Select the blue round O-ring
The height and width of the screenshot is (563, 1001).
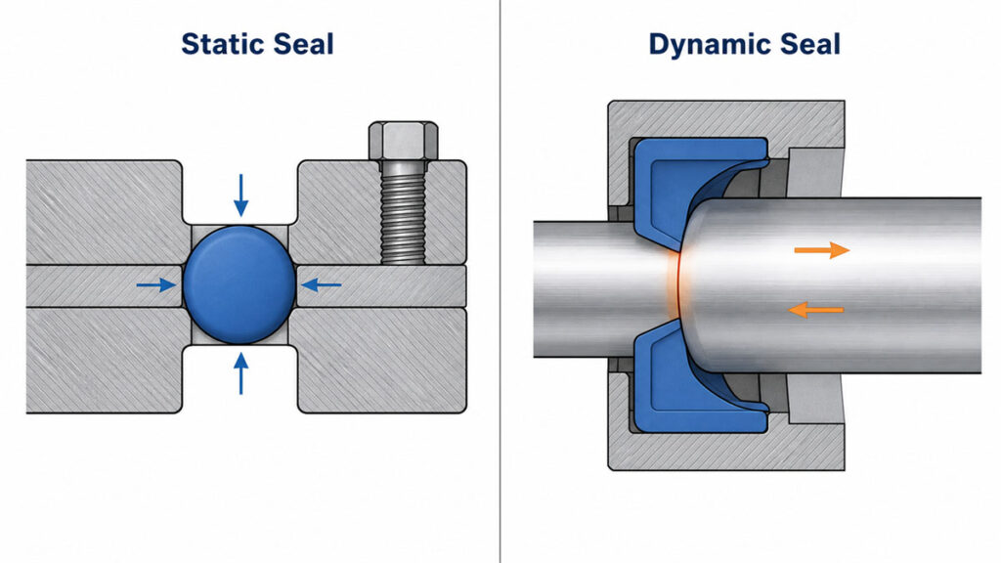point(239,284)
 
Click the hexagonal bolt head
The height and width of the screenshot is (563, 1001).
point(404,141)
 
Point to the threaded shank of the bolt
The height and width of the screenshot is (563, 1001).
point(403,212)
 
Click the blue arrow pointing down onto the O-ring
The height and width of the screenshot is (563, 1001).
point(240,195)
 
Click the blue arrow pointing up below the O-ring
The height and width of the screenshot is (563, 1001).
point(240,373)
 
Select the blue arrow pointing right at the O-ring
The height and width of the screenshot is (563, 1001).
point(156,284)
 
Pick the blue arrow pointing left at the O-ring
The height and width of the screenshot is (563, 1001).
point(321,284)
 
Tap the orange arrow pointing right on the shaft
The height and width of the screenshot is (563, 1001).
point(821,250)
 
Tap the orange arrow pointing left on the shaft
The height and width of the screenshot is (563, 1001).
point(816,310)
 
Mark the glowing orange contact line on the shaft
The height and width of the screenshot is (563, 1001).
point(673,284)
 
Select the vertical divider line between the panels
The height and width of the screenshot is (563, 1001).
point(500,281)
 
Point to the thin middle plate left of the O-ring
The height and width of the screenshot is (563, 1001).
point(106,285)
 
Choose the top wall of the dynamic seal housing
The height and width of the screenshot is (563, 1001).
point(726,118)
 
